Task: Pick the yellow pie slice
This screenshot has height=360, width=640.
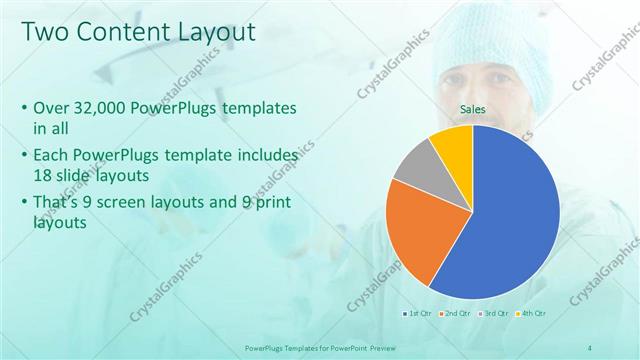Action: click(453, 143)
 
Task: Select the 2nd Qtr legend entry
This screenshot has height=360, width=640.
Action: click(457, 313)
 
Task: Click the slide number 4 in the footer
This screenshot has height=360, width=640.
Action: click(590, 347)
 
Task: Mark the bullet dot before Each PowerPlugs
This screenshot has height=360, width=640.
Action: click(24, 157)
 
